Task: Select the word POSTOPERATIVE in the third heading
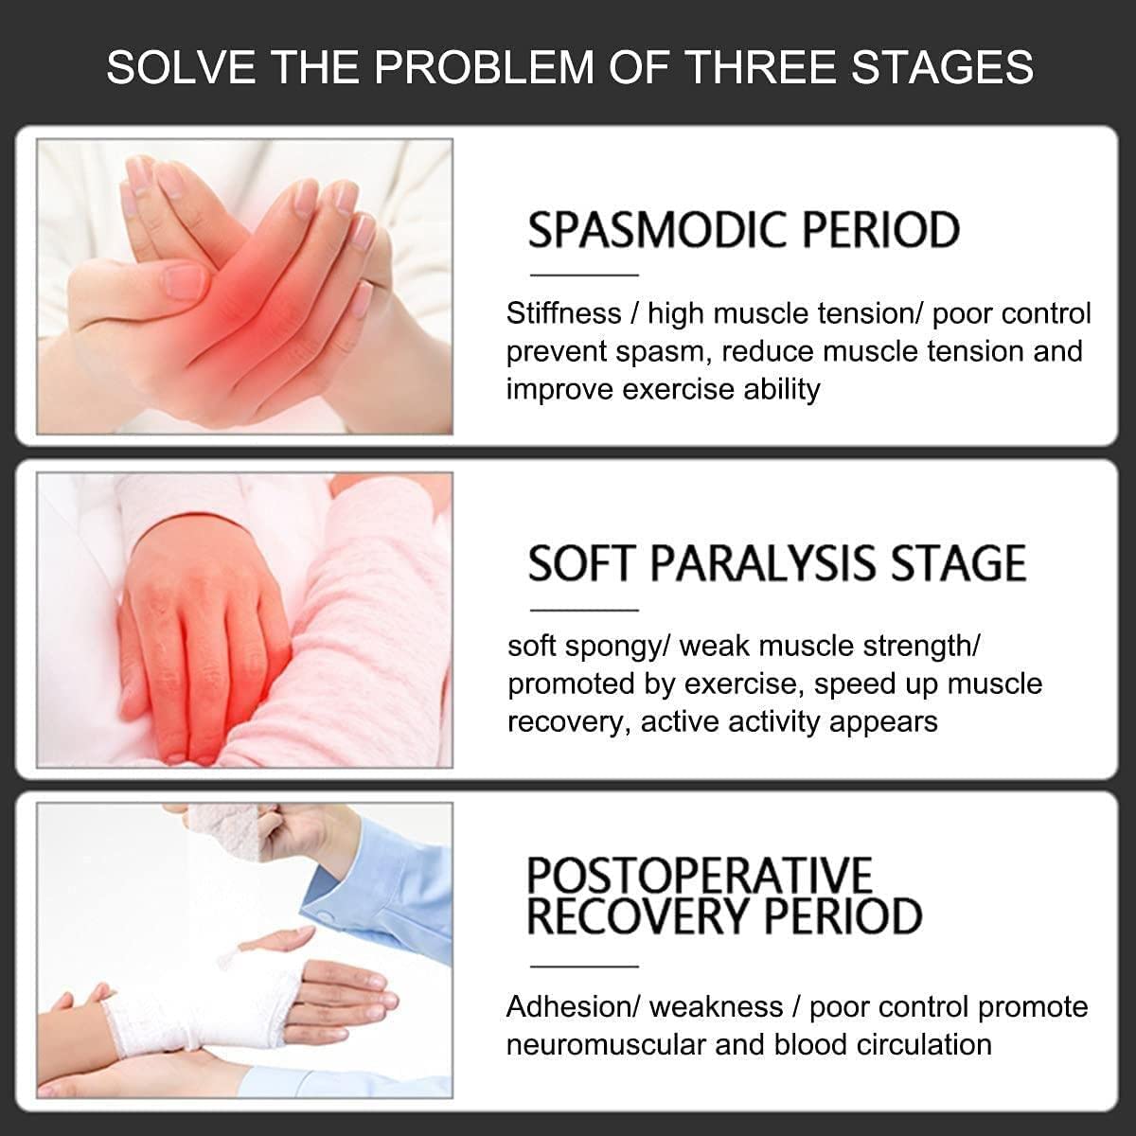(700, 875)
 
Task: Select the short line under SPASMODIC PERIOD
(584, 275)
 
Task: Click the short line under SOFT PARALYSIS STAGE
(584, 611)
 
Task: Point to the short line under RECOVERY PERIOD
(584, 967)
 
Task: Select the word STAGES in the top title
(942, 67)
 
